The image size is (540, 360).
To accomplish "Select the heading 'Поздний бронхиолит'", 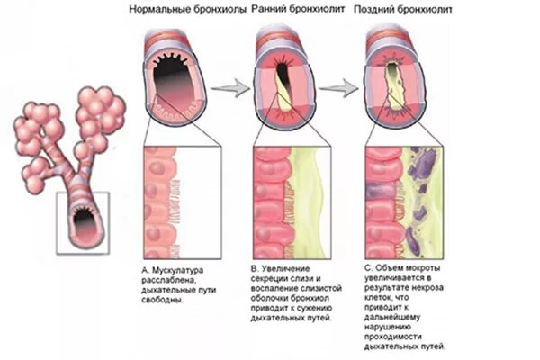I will click(403, 9).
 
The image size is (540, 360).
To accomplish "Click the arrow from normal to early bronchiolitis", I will click(233, 86).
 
